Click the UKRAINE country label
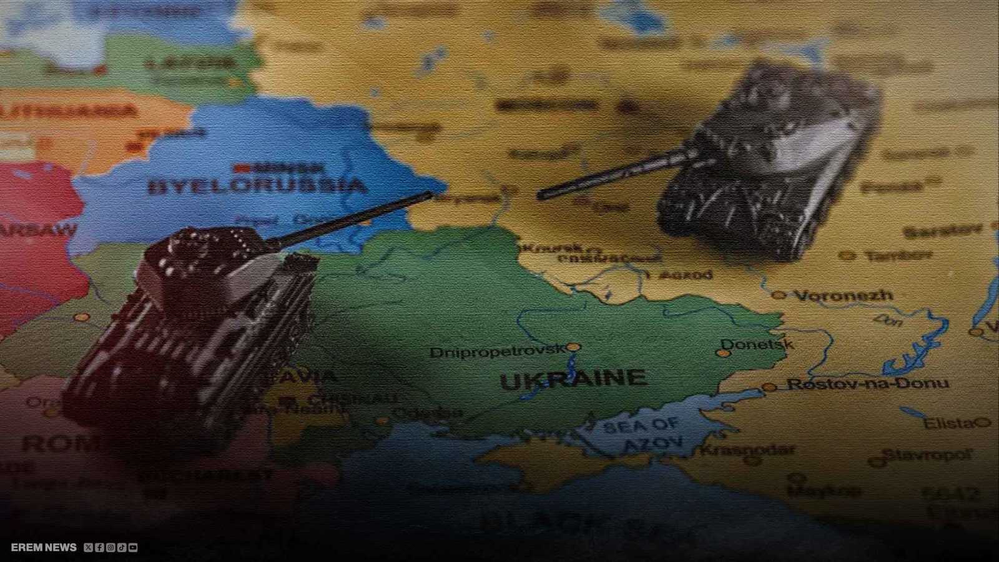point(573,379)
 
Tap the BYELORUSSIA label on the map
point(256,185)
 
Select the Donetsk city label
point(757,344)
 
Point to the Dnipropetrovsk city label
point(497,352)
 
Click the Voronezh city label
point(843,295)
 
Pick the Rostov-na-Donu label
point(867,384)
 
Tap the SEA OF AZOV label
point(641,434)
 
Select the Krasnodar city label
point(747,450)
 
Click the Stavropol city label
point(928,454)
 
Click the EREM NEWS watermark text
point(44,548)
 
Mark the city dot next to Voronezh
point(778,295)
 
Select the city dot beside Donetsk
point(723,353)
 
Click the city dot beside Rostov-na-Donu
point(770,387)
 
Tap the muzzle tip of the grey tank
point(541,196)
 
